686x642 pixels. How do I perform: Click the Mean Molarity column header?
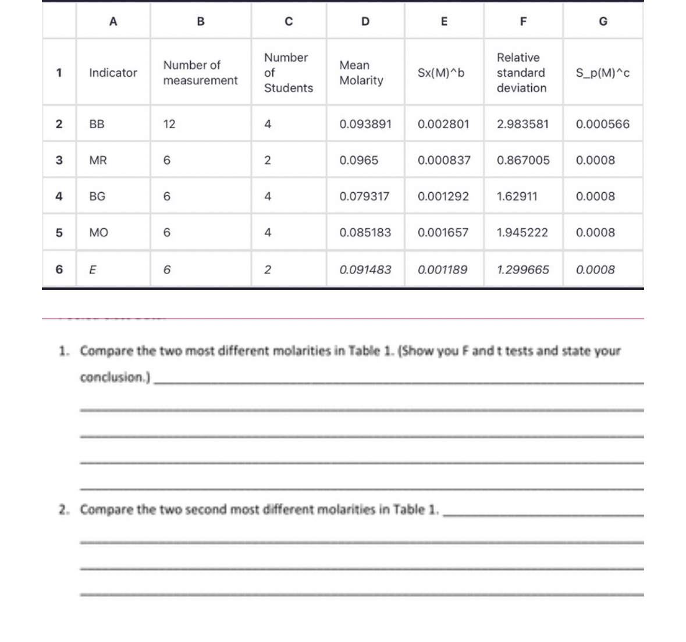point(361,73)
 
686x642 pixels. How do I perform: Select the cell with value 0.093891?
point(365,124)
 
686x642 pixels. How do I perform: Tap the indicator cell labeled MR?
point(98,160)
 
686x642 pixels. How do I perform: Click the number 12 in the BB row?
point(169,124)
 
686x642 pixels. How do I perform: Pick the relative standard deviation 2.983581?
point(522,124)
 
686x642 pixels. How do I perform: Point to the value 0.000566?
point(602,124)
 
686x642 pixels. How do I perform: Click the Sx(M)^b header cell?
point(441,73)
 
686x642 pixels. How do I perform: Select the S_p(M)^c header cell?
point(602,73)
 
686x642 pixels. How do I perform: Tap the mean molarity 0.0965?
point(358,160)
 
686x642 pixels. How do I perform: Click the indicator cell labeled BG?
point(97,196)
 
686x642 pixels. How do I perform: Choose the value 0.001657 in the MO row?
point(443,232)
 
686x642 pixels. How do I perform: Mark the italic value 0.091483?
point(365,269)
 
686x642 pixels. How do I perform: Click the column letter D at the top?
point(365,22)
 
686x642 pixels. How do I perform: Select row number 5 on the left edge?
point(59,232)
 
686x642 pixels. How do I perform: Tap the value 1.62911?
point(517,196)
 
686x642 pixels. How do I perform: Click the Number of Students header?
point(288,73)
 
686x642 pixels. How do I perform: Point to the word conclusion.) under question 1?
point(115,377)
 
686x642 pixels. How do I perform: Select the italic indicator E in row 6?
point(93,269)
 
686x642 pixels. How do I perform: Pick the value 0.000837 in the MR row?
point(443,160)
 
